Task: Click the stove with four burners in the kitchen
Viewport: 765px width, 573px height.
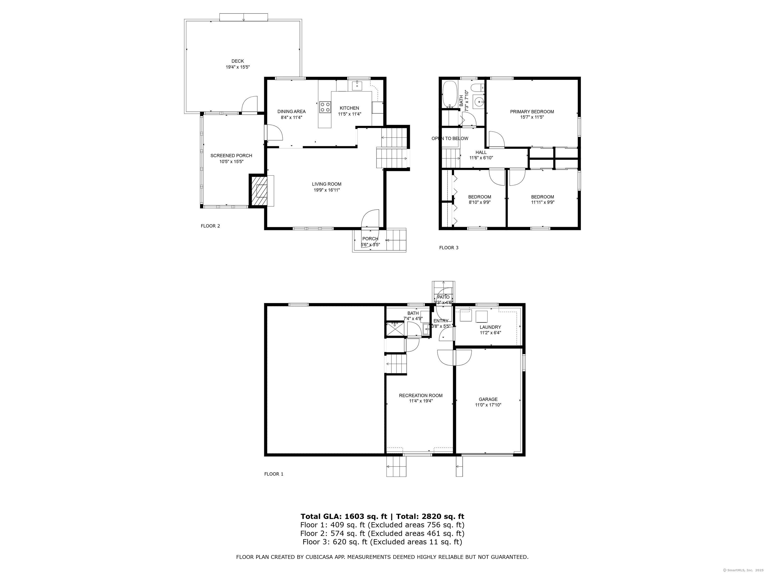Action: click(x=324, y=107)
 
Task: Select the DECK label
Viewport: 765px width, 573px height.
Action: click(x=238, y=61)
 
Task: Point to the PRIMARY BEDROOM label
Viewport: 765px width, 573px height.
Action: click(x=532, y=112)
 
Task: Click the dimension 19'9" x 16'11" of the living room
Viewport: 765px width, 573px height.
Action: click(x=326, y=190)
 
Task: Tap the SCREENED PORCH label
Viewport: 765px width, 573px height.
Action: click(x=231, y=156)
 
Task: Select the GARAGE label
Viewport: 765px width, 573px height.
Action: click(x=488, y=399)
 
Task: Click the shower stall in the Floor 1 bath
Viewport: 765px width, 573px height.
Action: click(x=395, y=329)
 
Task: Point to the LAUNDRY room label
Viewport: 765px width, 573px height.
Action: click(x=490, y=327)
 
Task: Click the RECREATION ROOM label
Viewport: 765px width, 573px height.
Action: click(x=421, y=395)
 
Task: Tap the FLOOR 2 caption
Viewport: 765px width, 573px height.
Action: click(x=210, y=226)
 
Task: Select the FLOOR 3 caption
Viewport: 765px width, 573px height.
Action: click(x=448, y=248)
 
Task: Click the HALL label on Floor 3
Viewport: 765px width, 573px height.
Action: click(x=481, y=152)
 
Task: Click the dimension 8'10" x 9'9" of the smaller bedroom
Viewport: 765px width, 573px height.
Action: click(x=479, y=203)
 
